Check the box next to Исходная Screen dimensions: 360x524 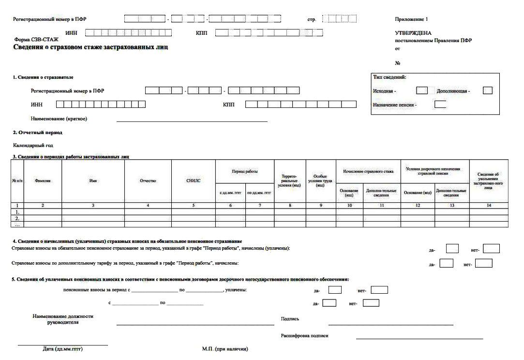tap(422, 90)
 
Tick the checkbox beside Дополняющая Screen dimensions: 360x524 tap(488, 90)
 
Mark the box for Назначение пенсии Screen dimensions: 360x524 tap(440, 104)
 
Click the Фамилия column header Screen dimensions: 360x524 tap(43, 180)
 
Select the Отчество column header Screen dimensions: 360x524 tap(148, 180)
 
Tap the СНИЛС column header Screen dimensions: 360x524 tap(194, 180)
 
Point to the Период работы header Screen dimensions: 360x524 tap(245, 171)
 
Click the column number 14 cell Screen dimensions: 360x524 tap(489, 206)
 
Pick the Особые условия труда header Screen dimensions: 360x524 tap(320, 181)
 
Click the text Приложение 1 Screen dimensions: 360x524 tap(412, 19)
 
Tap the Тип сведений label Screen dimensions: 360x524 tap(389, 77)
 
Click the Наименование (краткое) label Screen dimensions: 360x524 tap(62, 118)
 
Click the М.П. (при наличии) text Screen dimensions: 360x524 tap(225, 349)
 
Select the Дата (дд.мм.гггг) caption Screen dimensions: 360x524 tap(63, 349)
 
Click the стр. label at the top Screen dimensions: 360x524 tap(312, 20)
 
